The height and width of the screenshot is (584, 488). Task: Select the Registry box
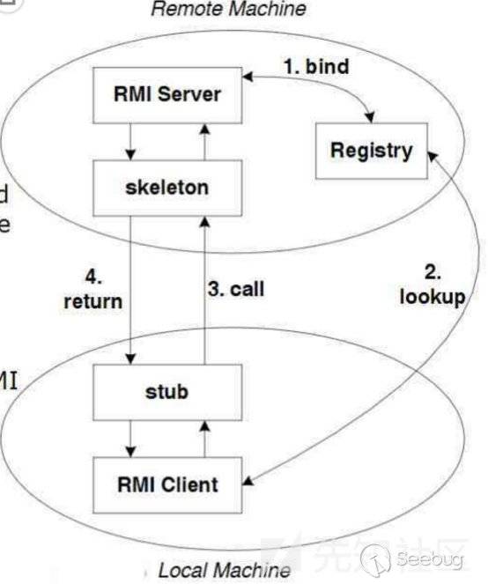point(371,150)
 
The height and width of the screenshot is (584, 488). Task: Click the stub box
point(166,390)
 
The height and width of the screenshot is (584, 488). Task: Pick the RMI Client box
point(167,484)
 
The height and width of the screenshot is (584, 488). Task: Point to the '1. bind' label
point(314,65)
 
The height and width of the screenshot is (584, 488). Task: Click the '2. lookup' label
point(431,285)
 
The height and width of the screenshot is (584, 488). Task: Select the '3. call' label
point(236,288)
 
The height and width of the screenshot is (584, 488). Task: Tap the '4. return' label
point(92,290)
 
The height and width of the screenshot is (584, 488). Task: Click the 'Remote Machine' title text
point(228,10)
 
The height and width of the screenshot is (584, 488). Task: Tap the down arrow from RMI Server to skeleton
point(130,140)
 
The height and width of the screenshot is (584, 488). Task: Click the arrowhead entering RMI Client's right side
point(248,483)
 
